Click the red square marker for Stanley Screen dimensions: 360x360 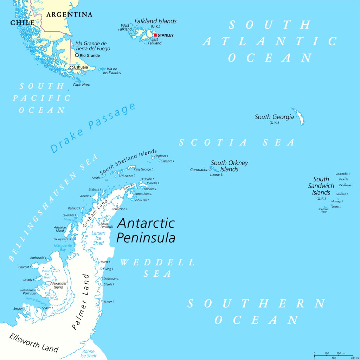(155, 35)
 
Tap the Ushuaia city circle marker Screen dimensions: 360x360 (71, 67)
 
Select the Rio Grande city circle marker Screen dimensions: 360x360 (77, 55)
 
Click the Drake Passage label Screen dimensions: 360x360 (93, 128)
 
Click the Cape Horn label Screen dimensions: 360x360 (82, 85)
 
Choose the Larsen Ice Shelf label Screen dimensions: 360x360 (98, 238)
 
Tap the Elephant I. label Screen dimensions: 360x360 (162, 156)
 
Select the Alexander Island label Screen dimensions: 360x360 (58, 285)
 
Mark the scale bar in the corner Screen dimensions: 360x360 (334, 355)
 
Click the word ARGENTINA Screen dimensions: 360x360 (69, 15)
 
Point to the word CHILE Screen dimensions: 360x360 (22, 23)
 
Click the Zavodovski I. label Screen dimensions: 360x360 (343, 174)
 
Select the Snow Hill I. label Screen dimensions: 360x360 (142, 200)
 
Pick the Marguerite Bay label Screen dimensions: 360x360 (63, 247)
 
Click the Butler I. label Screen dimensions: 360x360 (109, 302)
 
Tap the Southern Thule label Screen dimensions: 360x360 (323, 210)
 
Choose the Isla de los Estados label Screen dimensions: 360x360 (114, 71)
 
